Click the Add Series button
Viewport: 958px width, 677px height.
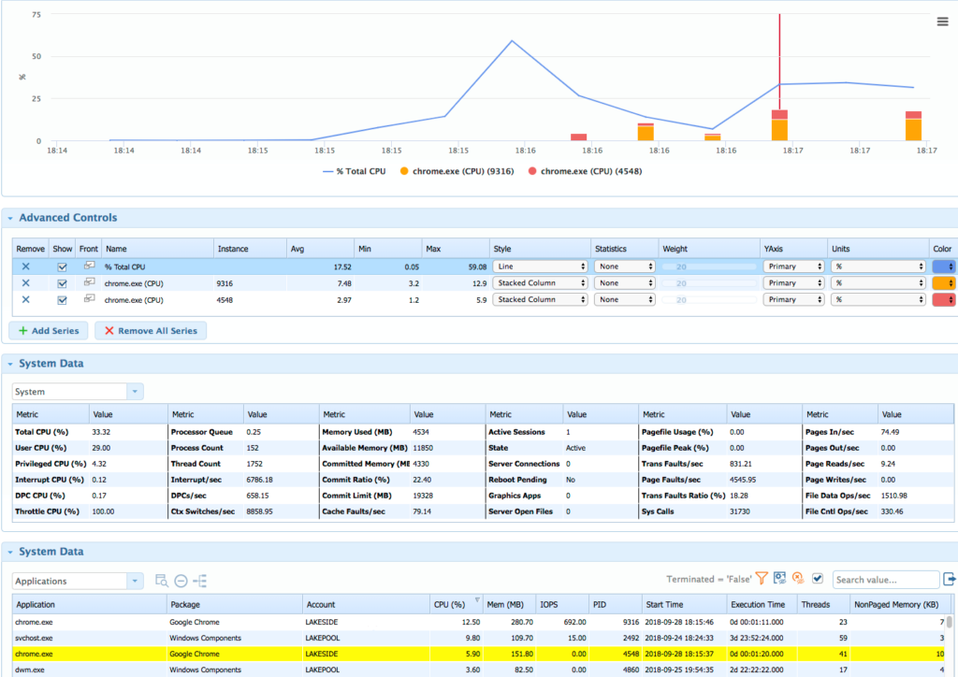tap(49, 331)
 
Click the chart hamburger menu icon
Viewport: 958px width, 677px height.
tap(942, 22)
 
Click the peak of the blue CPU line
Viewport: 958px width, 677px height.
tap(512, 41)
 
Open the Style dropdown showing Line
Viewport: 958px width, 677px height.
tap(540, 266)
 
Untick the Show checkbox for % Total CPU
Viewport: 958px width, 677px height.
tap(62, 266)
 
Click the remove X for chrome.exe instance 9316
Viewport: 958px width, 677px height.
tap(25, 283)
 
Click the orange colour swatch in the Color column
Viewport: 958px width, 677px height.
tap(944, 283)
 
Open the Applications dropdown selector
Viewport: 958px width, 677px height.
tap(78, 581)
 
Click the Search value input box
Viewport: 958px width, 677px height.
tap(885, 581)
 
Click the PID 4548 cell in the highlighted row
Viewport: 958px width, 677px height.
tap(615, 655)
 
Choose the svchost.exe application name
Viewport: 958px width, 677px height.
tap(36, 638)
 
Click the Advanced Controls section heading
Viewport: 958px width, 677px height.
tap(68, 218)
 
